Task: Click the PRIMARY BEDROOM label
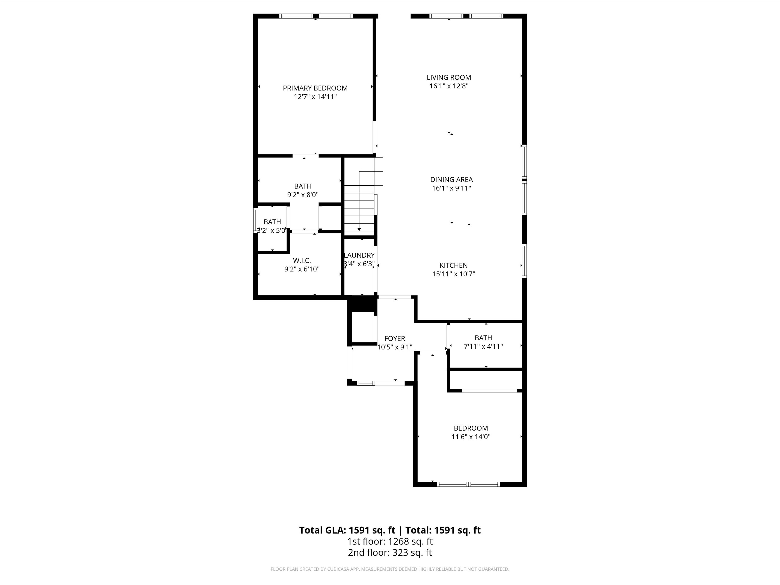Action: click(315, 88)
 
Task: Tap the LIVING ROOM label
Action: click(449, 77)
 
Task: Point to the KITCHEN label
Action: click(453, 265)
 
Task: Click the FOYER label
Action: click(395, 339)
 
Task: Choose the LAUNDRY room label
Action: click(359, 255)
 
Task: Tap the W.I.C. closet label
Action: click(302, 261)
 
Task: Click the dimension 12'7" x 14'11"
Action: click(315, 97)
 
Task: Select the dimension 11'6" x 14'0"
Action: click(471, 437)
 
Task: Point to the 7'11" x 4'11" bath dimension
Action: click(483, 347)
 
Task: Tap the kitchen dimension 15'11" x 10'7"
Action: click(453, 274)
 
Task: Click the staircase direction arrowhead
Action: click(359, 229)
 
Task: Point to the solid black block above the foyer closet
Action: click(362, 304)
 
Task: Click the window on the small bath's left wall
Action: click(255, 221)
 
